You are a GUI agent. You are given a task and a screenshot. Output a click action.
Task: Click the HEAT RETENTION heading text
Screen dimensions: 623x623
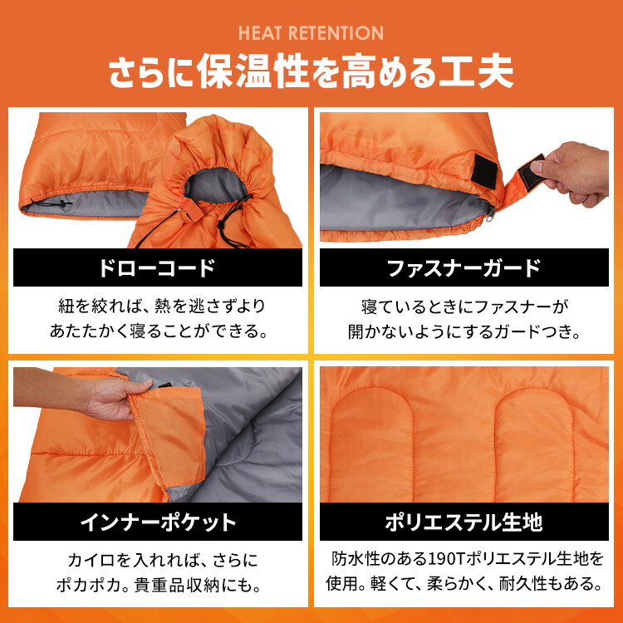pyautogui.click(x=311, y=33)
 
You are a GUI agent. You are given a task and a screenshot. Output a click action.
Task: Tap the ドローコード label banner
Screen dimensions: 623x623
pyautogui.click(x=157, y=267)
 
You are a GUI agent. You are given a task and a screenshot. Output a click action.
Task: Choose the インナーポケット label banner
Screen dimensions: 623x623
pyautogui.click(x=157, y=522)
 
